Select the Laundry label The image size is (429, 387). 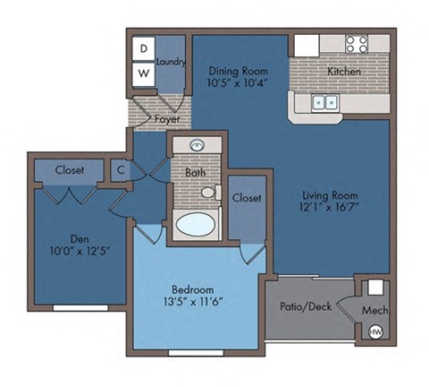click(x=171, y=62)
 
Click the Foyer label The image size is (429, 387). click(x=167, y=118)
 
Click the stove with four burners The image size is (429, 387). click(x=357, y=43)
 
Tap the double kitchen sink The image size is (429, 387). click(x=324, y=102)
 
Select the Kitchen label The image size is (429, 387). click(x=344, y=71)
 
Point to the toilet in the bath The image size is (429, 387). click(x=208, y=192)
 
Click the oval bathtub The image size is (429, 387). click(x=196, y=223)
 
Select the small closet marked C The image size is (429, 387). click(x=120, y=168)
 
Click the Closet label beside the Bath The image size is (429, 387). click(x=246, y=198)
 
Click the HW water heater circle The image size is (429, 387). click(x=375, y=332)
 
